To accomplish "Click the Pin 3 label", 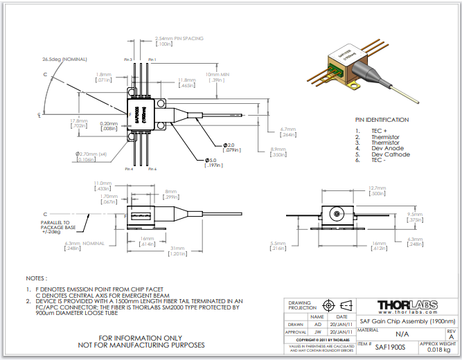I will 127,60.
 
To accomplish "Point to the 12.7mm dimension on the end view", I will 376,188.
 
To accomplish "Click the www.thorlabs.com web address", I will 407,315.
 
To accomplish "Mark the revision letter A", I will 452,336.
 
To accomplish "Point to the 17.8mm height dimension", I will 78,120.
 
